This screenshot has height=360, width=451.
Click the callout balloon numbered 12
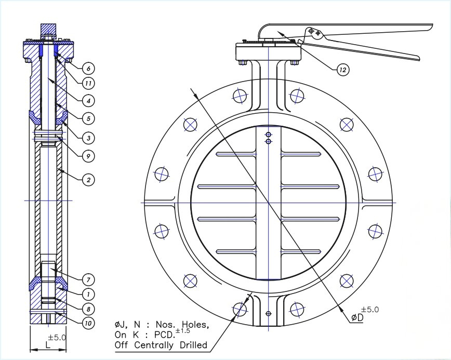point(342,69)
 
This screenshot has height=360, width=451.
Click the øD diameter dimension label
point(356,318)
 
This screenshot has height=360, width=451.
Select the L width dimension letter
point(47,344)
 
